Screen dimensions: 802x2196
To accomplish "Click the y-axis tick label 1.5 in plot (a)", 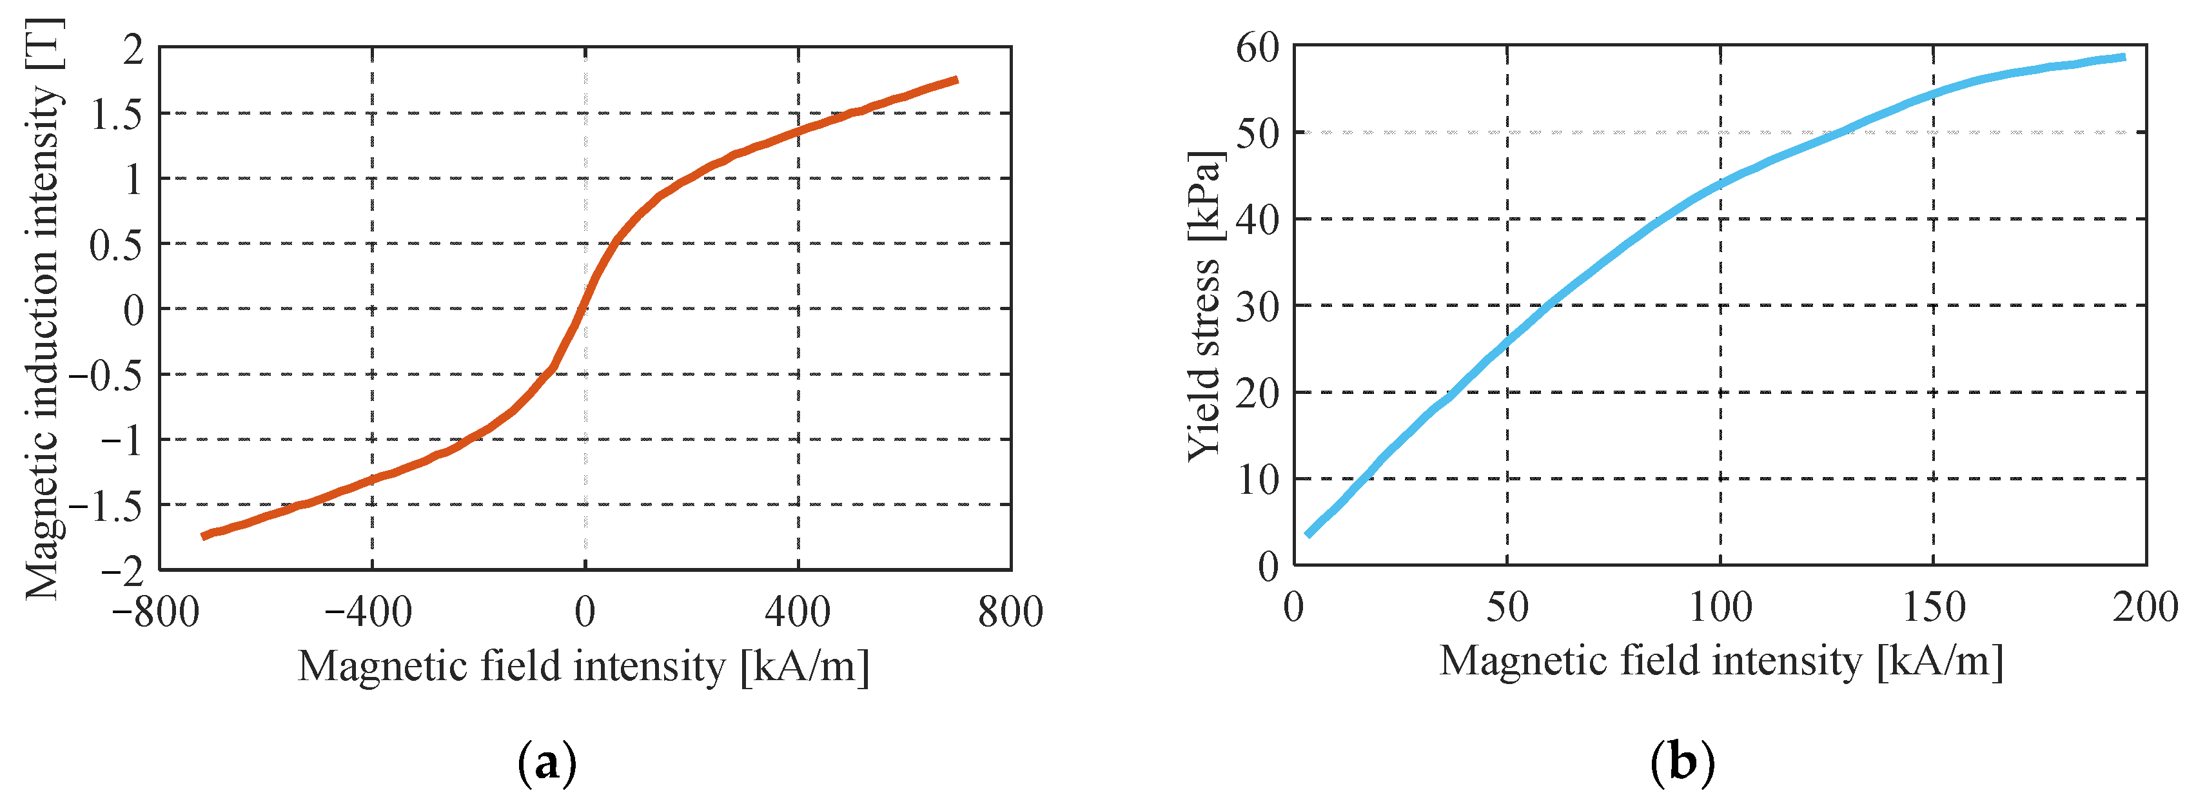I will (117, 114).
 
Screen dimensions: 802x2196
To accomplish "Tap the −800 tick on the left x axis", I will (155, 612).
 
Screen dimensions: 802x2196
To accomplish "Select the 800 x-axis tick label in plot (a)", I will (1010, 612).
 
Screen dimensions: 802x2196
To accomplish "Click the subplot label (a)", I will (547, 763).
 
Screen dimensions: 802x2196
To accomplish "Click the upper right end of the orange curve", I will (957, 80).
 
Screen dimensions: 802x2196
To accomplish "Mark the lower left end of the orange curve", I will (203, 536).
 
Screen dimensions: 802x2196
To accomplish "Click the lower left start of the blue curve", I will (1308, 534).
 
